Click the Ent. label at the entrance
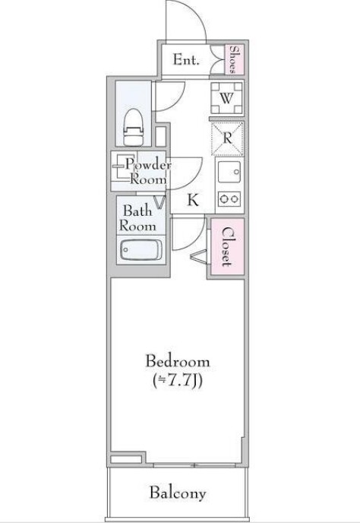tap(186, 60)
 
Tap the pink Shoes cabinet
tap(235, 59)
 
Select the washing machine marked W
tap(226, 98)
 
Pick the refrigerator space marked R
tap(228, 138)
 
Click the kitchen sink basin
tap(229, 172)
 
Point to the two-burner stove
tap(229, 199)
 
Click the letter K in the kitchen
tap(193, 200)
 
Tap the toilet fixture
tap(134, 128)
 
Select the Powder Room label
tap(148, 172)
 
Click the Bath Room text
tap(137, 218)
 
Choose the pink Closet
tap(227, 246)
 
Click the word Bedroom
tap(178, 362)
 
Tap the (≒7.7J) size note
tap(177, 381)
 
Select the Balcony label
tap(177, 493)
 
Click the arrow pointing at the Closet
tap(199, 256)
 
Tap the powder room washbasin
tap(123, 166)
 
